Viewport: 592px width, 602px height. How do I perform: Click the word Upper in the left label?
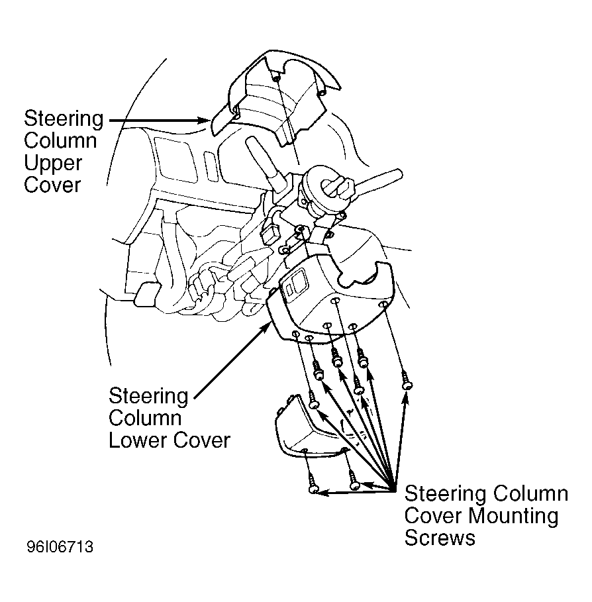click(x=53, y=163)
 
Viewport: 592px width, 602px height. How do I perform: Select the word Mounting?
click(x=513, y=517)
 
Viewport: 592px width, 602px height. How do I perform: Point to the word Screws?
click(x=440, y=538)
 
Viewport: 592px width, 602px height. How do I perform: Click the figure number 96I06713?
click(x=60, y=547)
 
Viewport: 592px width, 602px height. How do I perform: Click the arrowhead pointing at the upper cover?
click(x=204, y=120)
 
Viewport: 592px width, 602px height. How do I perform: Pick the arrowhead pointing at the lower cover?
click(x=266, y=328)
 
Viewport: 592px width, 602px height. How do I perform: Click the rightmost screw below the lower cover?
click(x=407, y=381)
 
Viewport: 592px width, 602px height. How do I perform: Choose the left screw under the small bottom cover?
click(x=313, y=483)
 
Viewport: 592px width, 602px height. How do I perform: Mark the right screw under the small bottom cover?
click(x=354, y=481)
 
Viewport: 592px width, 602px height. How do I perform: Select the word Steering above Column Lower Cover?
click(x=148, y=396)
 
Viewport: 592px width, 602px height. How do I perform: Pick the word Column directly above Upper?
click(x=60, y=140)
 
